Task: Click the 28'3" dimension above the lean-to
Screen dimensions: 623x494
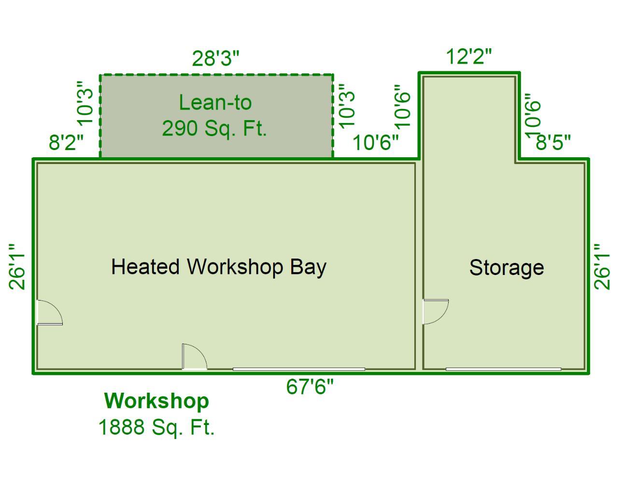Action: point(216,58)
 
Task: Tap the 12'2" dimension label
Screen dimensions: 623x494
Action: point(468,56)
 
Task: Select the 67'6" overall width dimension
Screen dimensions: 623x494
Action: point(310,386)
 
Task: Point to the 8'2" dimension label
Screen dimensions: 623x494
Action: point(66,142)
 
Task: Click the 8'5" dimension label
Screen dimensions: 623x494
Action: point(553,142)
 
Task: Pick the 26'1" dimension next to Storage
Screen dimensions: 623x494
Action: point(602,267)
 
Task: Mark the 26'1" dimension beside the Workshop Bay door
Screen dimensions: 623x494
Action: point(17,267)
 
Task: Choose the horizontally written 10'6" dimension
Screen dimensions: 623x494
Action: point(375,143)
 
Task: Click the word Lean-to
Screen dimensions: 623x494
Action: point(215,102)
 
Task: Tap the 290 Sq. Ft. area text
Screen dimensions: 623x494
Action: point(214,128)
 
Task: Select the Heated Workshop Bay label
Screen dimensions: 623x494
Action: point(219,267)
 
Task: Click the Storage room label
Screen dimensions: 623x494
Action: point(507,268)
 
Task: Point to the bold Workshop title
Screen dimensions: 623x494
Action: point(156,401)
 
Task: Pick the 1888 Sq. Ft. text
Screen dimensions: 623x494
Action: point(156,427)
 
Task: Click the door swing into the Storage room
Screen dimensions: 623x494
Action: point(436,312)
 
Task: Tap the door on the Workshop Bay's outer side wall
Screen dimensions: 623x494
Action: point(50,312)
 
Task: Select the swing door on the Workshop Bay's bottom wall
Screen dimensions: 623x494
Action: point(195,357)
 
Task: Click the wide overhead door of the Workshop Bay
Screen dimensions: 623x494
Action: point(299,369)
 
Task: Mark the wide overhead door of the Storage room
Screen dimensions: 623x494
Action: point(503,369)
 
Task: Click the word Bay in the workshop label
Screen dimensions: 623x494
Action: point(308,268)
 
